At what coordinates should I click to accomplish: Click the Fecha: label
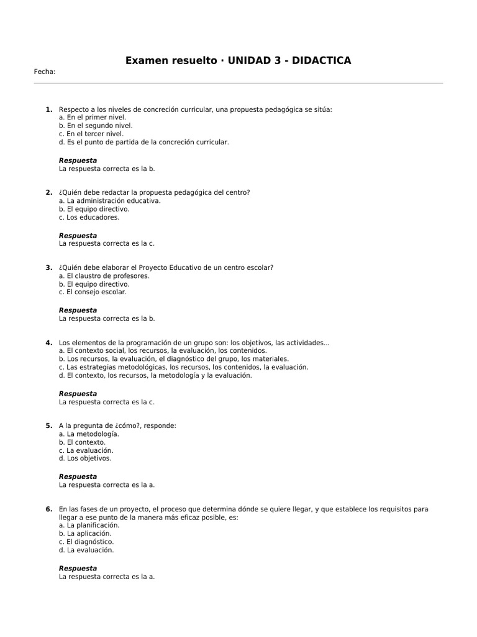(45, 72)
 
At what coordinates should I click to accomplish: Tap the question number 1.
(48, 109)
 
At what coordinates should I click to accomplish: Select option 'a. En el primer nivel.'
(92, 118)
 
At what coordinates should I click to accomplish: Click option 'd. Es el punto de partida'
(144, 142)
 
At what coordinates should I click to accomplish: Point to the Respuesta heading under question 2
(78, 236)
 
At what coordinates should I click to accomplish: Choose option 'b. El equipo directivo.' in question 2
(94, 210)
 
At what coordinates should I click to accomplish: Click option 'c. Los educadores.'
(89, 218)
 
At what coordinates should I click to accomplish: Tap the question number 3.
(48, 267)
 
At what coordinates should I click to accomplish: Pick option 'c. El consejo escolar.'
(93, 292)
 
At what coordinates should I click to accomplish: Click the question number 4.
(48, 343)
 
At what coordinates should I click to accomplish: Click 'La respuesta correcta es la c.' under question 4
(107, 402)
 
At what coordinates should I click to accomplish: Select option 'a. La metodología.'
(89, 434)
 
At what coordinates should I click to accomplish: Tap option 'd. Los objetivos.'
(85, 458)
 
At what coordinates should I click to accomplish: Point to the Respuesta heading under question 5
(78, 477)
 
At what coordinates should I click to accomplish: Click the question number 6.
(48, 509)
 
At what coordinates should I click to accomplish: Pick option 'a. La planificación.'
(89, 525)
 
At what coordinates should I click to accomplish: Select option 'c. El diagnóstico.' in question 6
(86, 542)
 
